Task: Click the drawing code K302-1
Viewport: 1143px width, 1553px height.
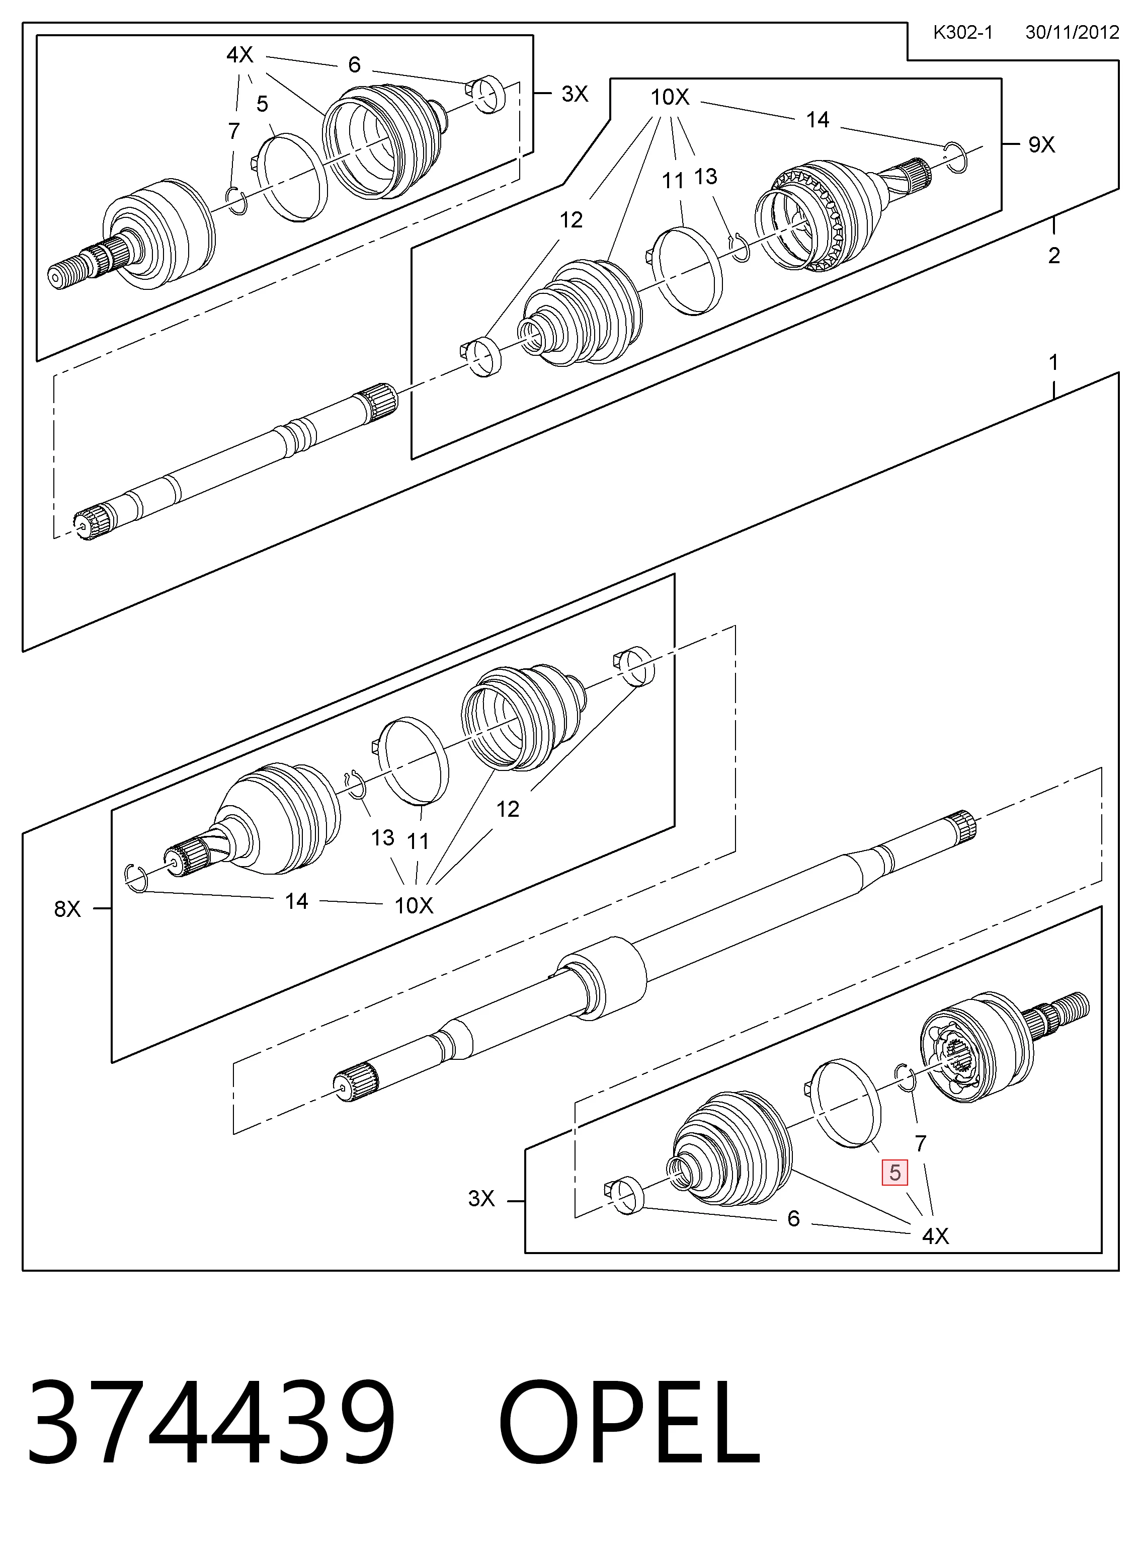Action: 962,33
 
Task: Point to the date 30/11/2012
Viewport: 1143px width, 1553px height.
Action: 1072,33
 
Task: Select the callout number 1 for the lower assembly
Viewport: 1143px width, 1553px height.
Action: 1053,362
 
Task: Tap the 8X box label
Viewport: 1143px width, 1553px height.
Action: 67,909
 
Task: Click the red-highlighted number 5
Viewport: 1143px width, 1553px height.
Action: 894,1173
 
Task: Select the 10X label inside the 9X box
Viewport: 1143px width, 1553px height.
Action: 670,97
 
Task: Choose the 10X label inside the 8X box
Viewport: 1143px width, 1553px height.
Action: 414,905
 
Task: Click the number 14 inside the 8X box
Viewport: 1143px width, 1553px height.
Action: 296,901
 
